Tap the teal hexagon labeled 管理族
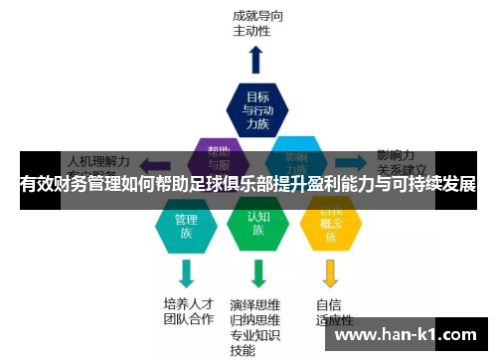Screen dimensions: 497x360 tap(186, 225)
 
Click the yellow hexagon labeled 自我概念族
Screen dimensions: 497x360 tap(331, 225)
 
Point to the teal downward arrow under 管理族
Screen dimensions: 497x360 tap(186, 271)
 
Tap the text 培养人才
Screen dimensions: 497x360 tap(188, 303)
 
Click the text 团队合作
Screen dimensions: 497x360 tap(188, 319)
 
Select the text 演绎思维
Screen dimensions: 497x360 tap(255, 304)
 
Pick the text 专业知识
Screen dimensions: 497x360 tap(255, 335)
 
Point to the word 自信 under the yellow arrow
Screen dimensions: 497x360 tap(329, 304)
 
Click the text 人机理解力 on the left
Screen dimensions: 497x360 tap(97, 159)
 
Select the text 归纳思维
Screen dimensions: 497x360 tap(255, 319)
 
